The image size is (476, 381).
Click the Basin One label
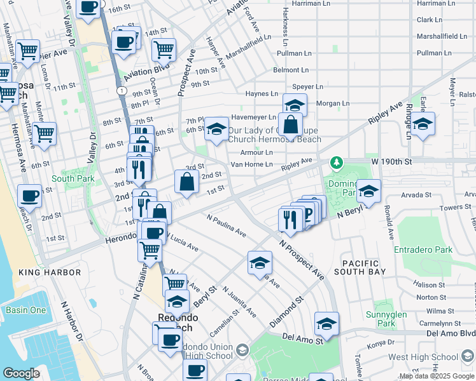pyautogui.click(x=26, y=310)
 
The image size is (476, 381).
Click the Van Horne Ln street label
pyautogui.click(x=251, y=164)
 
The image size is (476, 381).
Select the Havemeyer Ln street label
pyautogui.click(x=253, y=117)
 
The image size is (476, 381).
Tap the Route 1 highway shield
pyautogui.click(x=120, y=91)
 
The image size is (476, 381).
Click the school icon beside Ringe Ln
pyautogui.click(x=423, y=124)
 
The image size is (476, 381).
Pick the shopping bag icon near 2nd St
pyautogui.click(x=187, y=182)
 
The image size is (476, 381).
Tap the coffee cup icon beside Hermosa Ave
pyautogui.click(x=30, y=196)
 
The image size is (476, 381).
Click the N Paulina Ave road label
pyautogui.click(x=227, y=225)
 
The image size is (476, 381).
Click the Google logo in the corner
pyautogui.click(x=22, y=373)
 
